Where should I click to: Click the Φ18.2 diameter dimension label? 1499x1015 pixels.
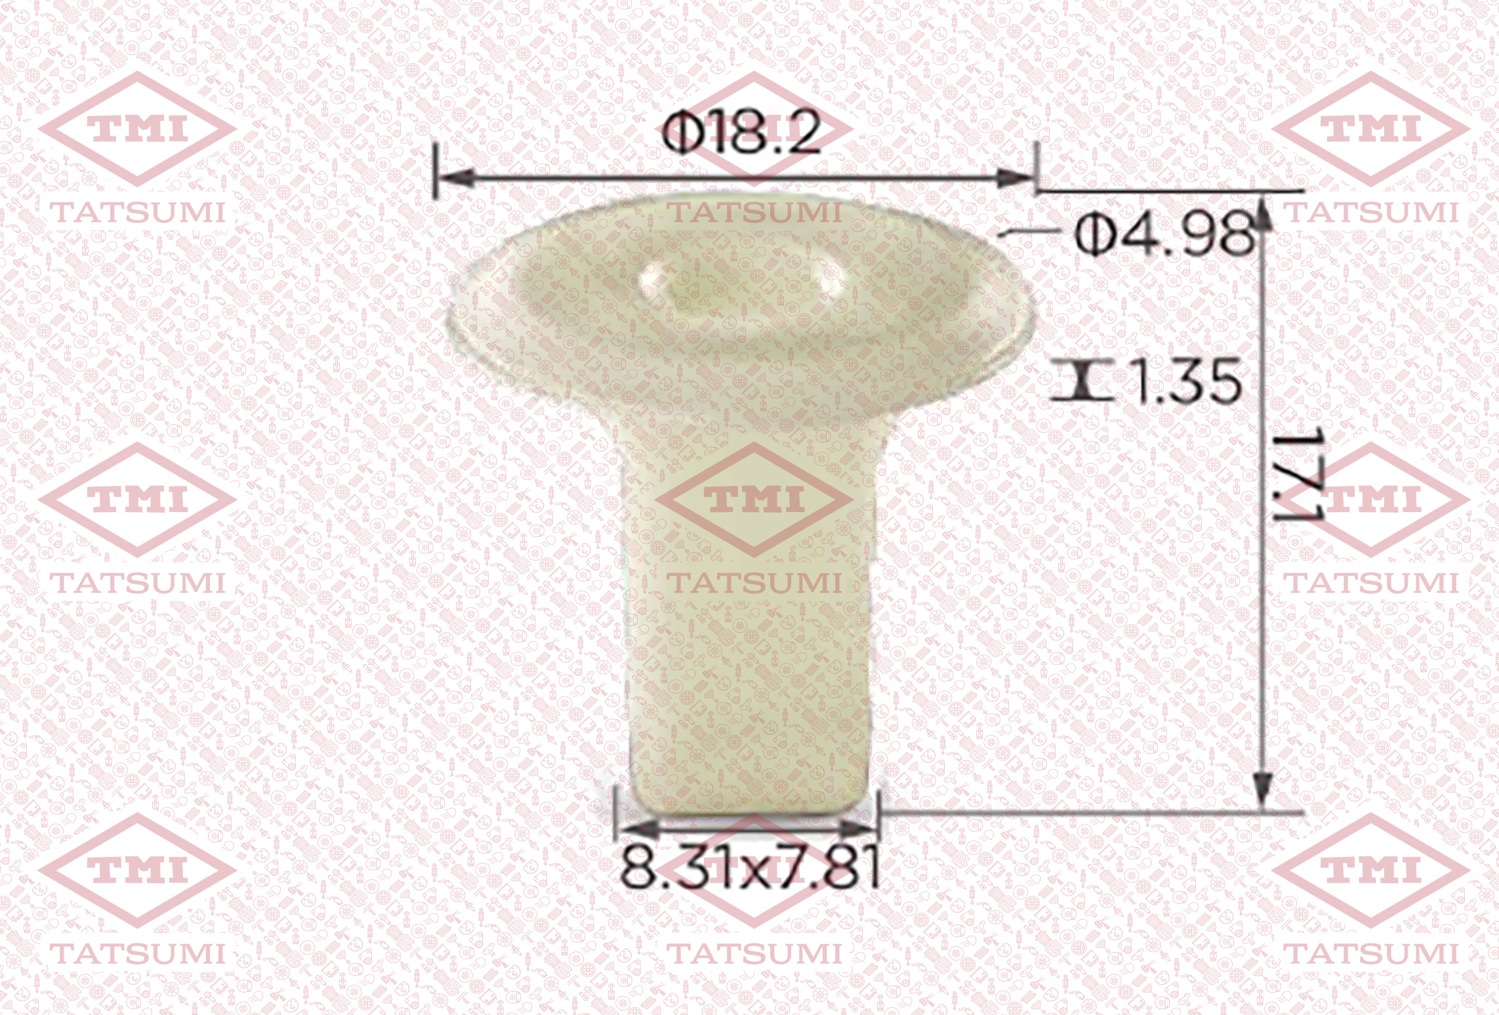click(x=742, y=134)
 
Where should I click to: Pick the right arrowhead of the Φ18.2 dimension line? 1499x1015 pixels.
click(x=1014, y=177)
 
